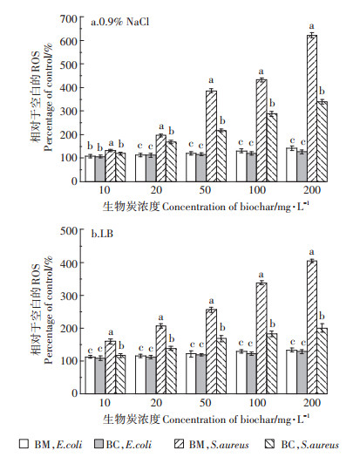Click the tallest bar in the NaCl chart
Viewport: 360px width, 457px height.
click(x=312, y=108)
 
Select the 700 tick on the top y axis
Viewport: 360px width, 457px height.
click(x=69, y=19)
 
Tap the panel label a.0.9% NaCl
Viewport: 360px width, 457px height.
click(x=120, y=22)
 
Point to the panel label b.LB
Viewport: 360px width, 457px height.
click(x=102, y=234)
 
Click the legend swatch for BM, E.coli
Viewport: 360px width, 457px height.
click(x=24, y=444)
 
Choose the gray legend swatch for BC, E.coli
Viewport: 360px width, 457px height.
click(x=99, y=444)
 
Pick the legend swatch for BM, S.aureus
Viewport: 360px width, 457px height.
click(x=179, y=444)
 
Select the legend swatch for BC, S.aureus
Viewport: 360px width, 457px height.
click(x=270, y=444)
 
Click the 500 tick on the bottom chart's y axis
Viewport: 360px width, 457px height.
click(x=69, y=231)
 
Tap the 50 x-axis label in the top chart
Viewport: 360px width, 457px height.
click(x=205, y=190)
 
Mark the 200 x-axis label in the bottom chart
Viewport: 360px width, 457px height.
click(x=312, y=403)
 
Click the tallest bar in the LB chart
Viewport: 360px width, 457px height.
click(x=312, y=327)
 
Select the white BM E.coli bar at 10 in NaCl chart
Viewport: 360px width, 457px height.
click(x=90, y=168)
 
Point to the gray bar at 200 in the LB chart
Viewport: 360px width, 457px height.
click(x=302, y=372)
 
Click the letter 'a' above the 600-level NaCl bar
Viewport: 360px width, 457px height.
click(x=312, y=26)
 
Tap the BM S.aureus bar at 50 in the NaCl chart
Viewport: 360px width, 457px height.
click(x=211, y=136)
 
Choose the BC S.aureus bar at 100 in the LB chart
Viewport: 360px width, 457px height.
click(x=272, y=364)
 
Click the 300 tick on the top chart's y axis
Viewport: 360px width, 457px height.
click(x=69, y=111)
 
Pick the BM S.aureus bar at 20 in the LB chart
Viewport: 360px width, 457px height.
click(x=160, y=359)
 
